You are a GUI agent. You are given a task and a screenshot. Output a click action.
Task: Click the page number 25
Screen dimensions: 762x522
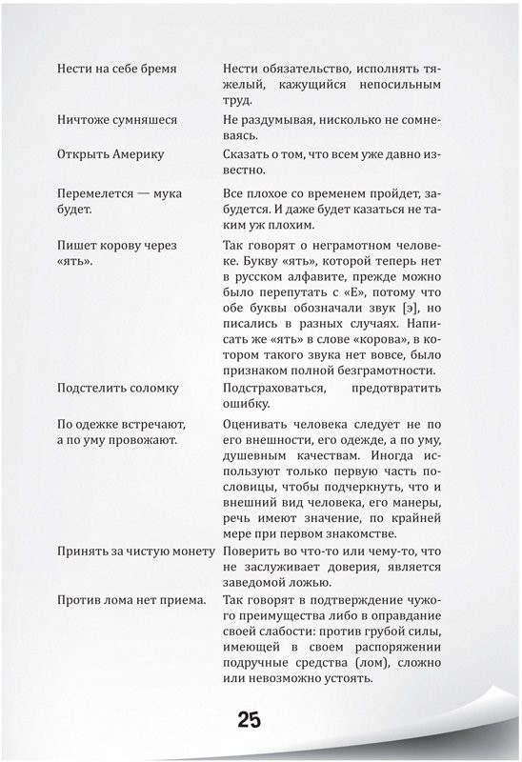click(x=250, y=719)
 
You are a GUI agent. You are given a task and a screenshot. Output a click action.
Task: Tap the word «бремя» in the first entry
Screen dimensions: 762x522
click(x=183, y=70)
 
